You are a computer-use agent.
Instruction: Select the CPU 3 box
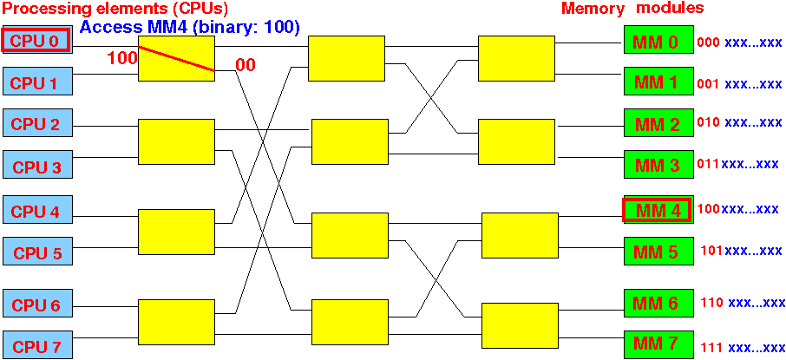tap(38, 165)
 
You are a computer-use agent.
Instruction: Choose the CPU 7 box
tap(38, 345)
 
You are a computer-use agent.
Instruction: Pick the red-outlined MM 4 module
tap(658, 210)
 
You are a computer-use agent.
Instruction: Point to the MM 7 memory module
tap(658, 345)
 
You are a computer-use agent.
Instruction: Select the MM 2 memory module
tap(658, 123)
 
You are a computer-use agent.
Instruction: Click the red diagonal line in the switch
tap(176, 59)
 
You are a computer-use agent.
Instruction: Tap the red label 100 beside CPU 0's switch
tap(121, 58)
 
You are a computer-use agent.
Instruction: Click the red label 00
tap(246, 65)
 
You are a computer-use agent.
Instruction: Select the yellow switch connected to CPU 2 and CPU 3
tap(176, 142)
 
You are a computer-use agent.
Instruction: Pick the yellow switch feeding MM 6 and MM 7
tap(520, 326)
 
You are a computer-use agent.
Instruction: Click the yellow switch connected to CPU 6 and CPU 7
tap(176, 323)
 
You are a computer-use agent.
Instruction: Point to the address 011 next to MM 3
tap(708, 163)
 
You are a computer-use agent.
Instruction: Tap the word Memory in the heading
tap(593, 9)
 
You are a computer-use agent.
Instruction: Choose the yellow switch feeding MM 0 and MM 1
tap(516, 58)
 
